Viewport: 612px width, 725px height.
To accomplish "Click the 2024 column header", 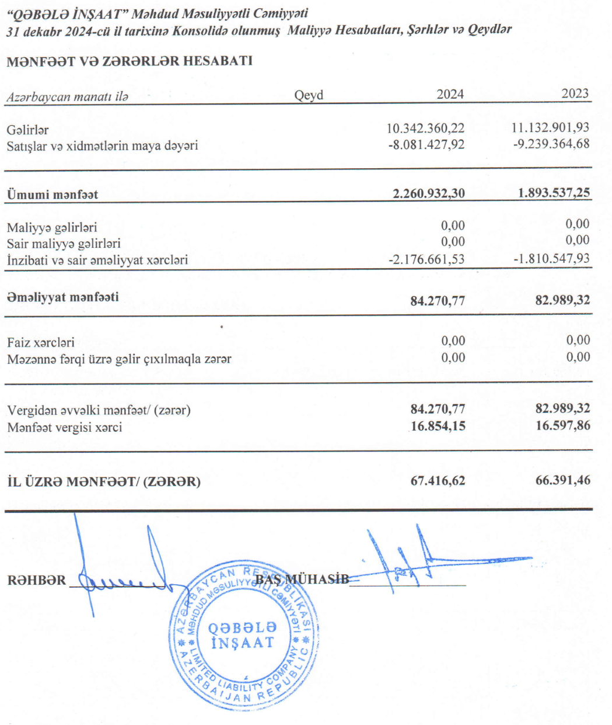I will (x=450, y=94).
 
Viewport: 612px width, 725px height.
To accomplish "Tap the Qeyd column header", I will (x=309, y=95).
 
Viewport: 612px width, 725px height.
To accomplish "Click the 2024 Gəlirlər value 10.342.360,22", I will (x=426, y=128).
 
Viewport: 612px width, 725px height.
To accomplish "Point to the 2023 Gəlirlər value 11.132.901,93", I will (x=550, y=127).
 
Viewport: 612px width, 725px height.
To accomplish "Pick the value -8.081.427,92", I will (x=426, y=144).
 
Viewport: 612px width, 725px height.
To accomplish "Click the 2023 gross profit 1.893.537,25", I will (x=554, y=192).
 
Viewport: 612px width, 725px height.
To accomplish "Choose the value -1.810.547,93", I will (x=551, y=258).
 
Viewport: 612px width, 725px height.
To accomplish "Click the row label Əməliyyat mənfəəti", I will (x=63, y=297).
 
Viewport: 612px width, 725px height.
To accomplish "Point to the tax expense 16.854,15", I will (x=438, y=426).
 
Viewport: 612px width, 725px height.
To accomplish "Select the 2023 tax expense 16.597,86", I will (x=562, y=426).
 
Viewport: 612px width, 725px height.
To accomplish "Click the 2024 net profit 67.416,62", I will (x=438, y=481).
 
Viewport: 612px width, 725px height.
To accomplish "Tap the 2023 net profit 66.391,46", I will (x=562, y=481).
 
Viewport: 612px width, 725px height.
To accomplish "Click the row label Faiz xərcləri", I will (x=41, y=343).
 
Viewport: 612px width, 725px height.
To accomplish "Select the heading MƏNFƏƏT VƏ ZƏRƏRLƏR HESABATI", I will (x=130, y=61).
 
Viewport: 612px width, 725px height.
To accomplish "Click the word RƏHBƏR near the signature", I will (x=37, y=581).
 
